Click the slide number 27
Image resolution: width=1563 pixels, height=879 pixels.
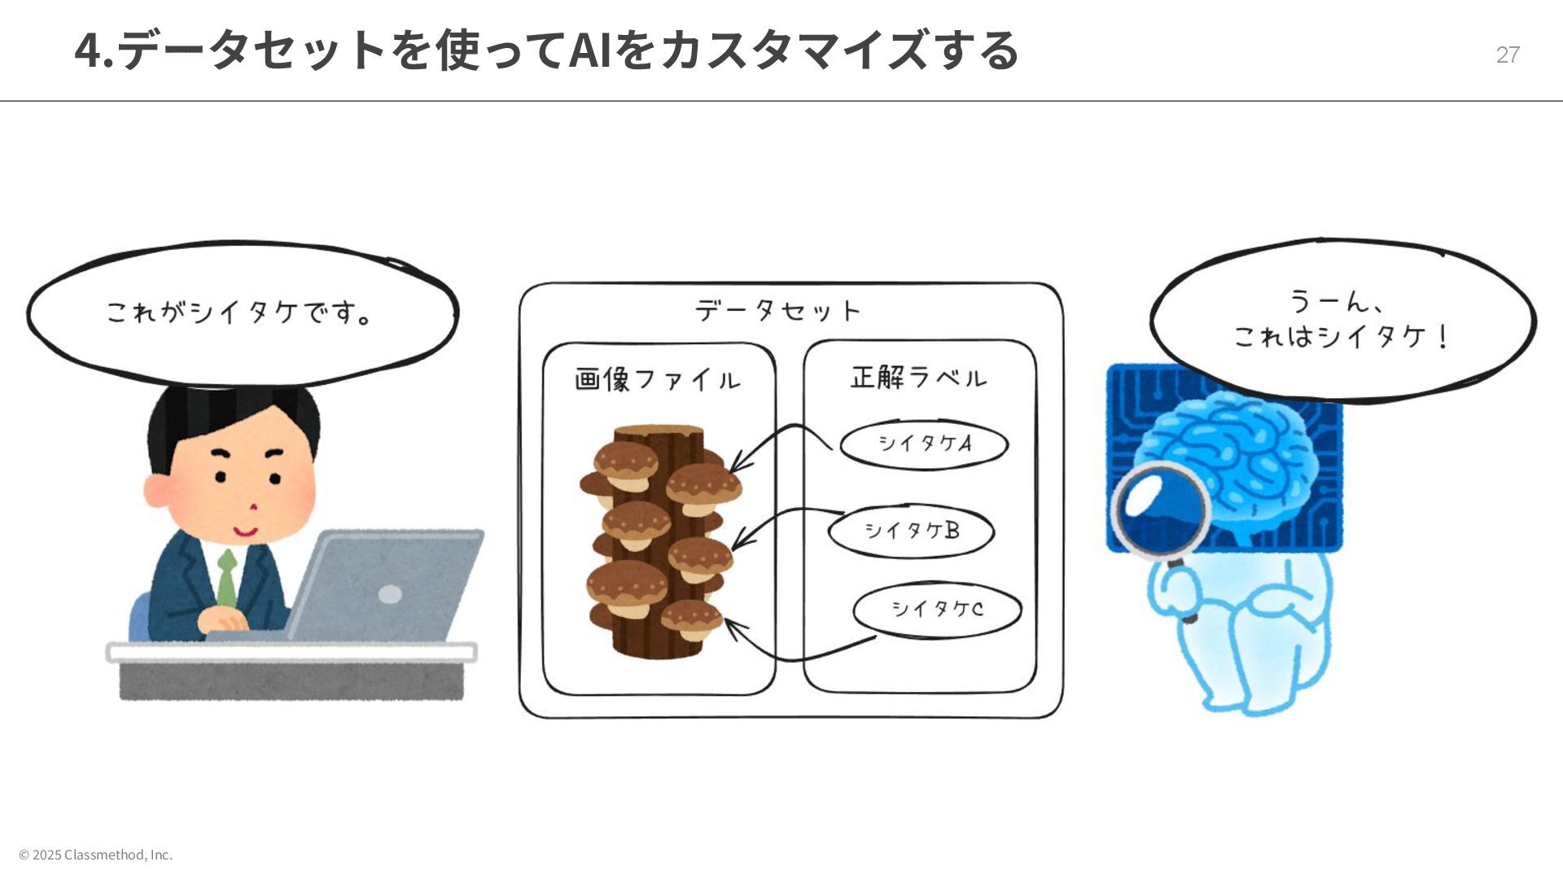1507,55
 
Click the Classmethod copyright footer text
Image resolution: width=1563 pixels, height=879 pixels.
96,855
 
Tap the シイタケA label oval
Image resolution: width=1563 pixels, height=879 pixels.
924,444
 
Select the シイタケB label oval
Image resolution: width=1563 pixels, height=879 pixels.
911,531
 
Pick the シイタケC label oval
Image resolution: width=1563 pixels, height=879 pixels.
936,609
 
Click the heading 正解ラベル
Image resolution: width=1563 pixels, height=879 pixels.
918,378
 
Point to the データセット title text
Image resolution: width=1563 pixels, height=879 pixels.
778,310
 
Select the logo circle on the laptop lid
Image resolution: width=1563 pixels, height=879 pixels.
391,594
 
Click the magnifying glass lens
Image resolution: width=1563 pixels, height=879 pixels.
1160,509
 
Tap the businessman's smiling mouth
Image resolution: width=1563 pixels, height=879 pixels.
244,532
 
